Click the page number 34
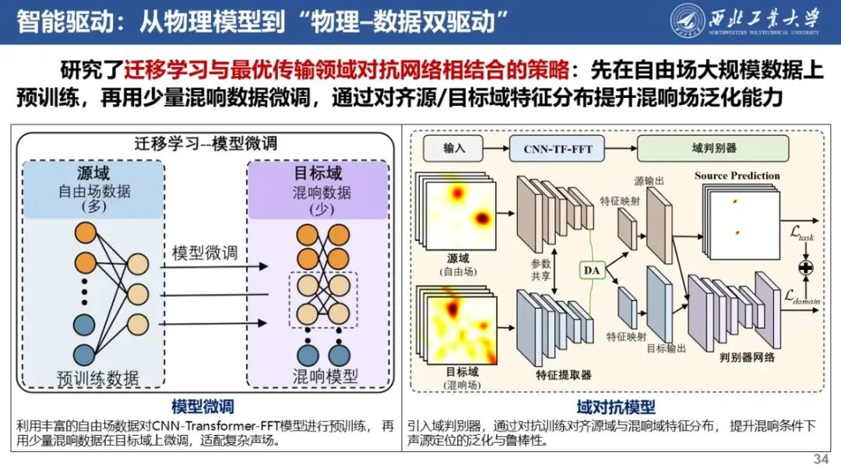821,458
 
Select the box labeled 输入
453,148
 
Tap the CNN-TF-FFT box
557,149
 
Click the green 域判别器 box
713,148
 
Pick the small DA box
592,270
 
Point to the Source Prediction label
737,176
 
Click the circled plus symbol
806,268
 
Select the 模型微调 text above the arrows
204,253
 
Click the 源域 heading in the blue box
93,173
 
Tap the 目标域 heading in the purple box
318,173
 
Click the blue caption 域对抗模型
616,407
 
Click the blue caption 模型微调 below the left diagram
202,407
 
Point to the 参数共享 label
540,269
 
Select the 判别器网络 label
747,357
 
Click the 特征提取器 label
564,375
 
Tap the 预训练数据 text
98,378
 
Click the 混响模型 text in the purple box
325,376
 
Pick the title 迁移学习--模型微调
206,144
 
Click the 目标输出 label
666,349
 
